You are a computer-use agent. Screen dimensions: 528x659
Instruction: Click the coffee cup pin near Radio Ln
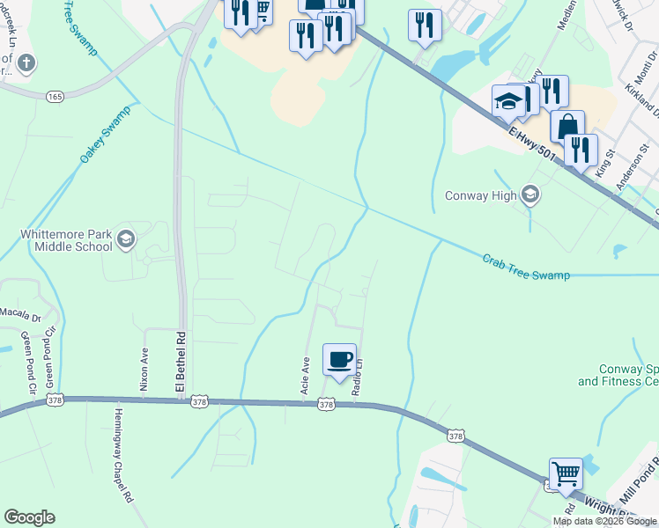click(x=339, y=360)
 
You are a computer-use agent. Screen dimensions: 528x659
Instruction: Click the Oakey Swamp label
click(x=105, y=134)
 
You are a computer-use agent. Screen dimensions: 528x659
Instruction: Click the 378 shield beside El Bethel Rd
click(x=200, y=401)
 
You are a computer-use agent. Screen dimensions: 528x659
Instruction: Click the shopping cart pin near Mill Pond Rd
click(x=566, y=473)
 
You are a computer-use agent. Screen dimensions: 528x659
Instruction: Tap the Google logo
click(x=29, y=517)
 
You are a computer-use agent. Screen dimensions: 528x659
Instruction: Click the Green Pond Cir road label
click(x=50, y=357)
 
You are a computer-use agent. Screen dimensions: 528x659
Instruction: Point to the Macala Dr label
click(x=19, y=316)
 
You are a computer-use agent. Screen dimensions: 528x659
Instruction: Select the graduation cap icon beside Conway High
click(x=529, y=194)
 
